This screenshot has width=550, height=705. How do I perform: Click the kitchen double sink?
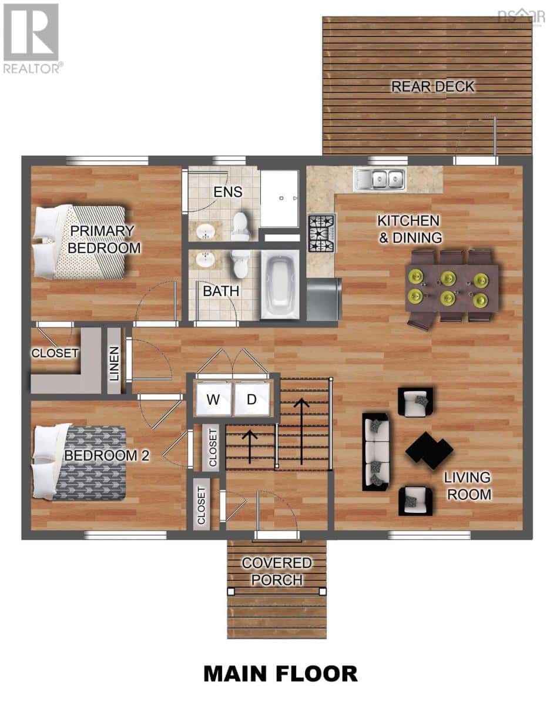coord(380,178)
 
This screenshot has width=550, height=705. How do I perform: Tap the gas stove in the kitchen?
coord(322,233)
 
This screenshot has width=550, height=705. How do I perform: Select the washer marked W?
coord(213,399)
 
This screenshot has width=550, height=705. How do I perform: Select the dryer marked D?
coord(252,399)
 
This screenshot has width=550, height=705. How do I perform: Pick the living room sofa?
coord(376,452)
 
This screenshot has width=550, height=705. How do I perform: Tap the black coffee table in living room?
coord(430,451)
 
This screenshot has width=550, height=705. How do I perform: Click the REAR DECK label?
coord(432,86)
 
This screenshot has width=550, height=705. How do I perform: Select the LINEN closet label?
coord(114,363)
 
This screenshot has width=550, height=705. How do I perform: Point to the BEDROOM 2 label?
coord(107,456)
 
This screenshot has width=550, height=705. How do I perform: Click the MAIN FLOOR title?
coord(281,674)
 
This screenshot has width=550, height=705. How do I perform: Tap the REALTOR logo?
coord(32,39)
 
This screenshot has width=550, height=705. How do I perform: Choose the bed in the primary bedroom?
coord(80,243)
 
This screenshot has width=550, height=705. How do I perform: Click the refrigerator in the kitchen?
coord(324,300)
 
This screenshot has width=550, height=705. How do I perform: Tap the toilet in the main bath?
coord(240,264)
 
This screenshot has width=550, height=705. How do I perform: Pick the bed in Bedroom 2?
coord(79,462)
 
